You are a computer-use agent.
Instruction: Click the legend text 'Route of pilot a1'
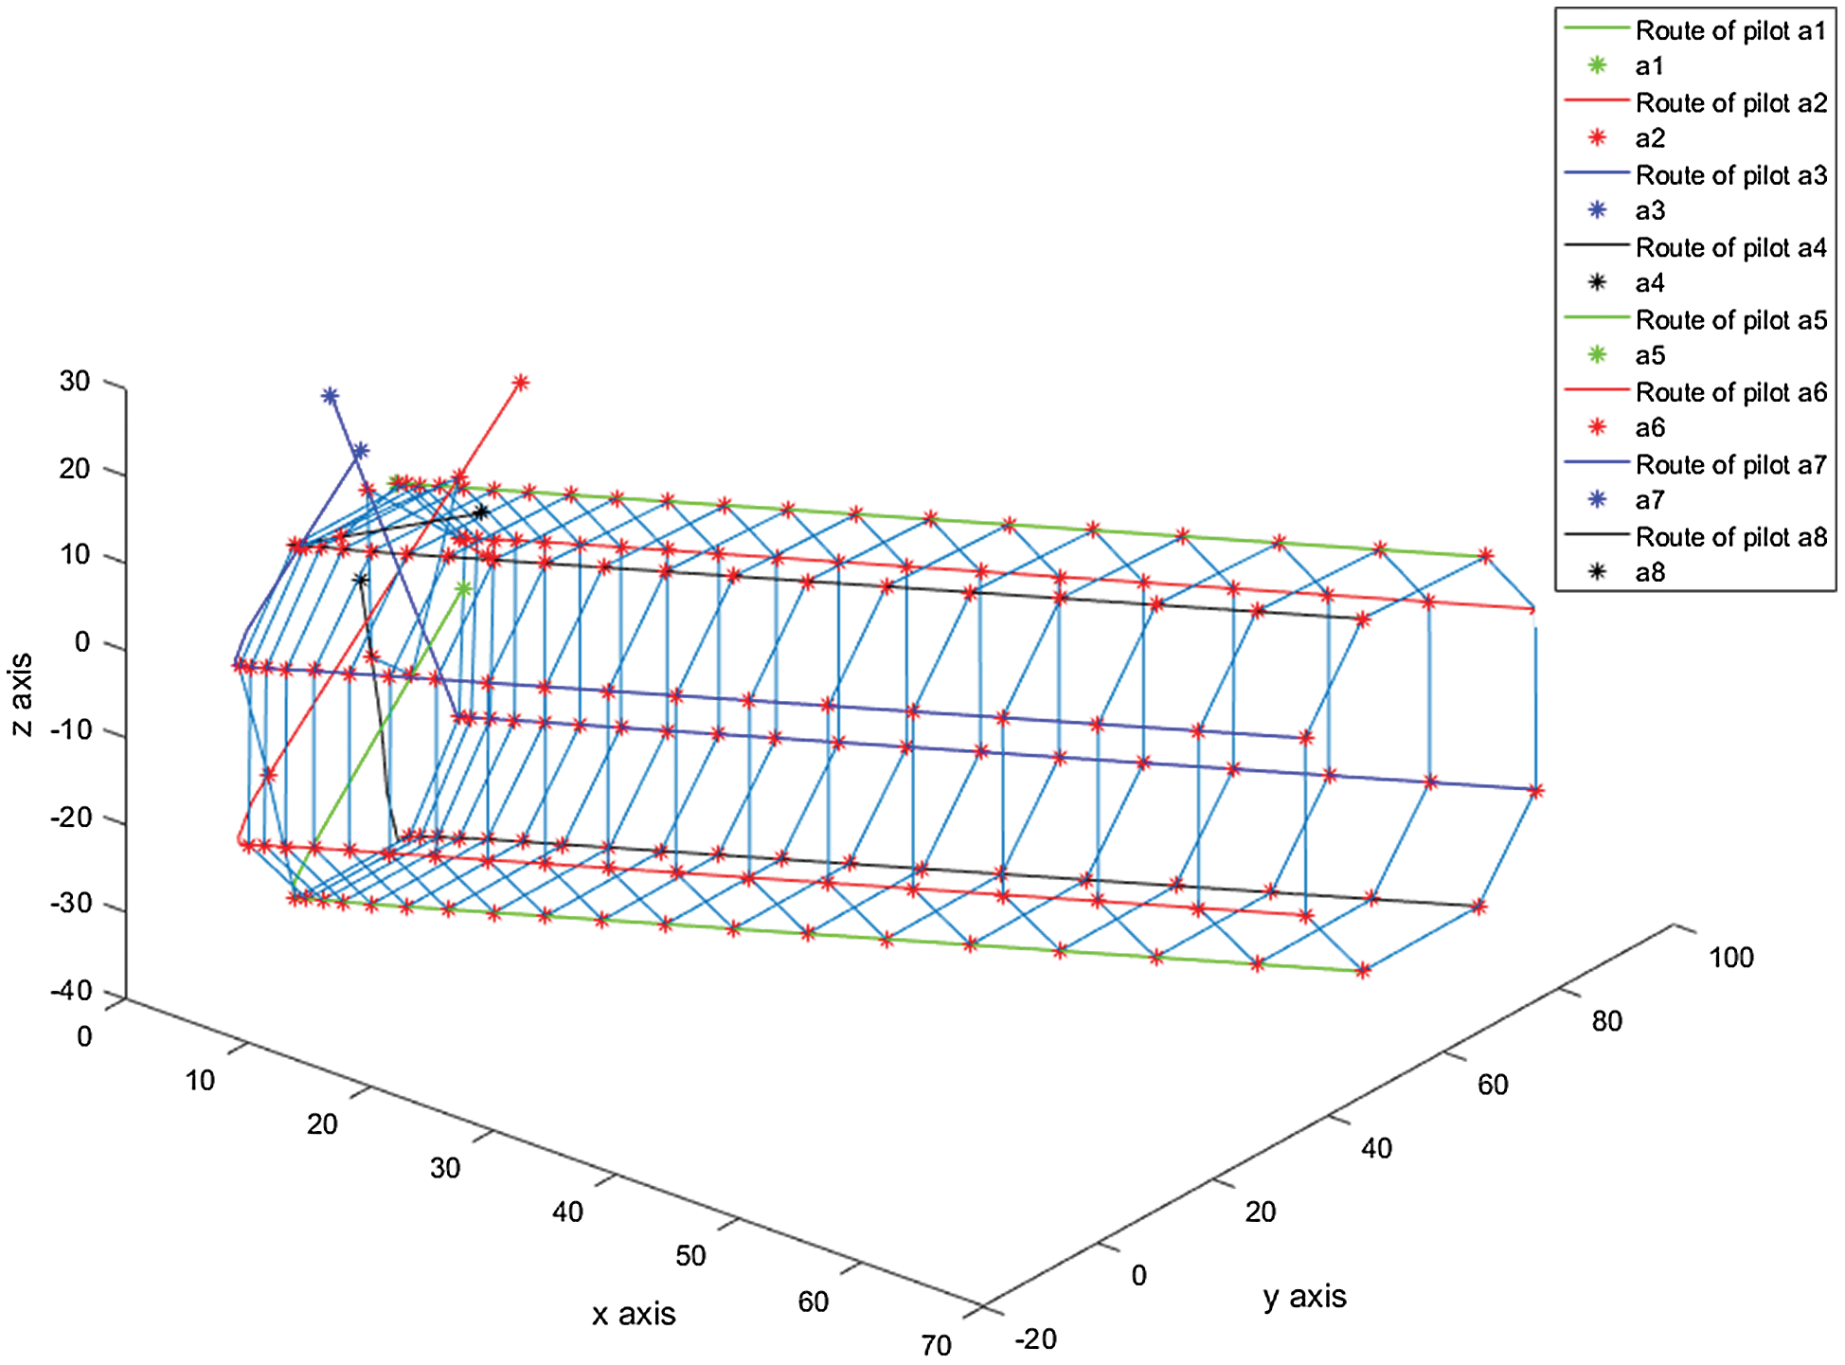(x=1730, y=30)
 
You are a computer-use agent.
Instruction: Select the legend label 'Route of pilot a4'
(x=1730, y=247)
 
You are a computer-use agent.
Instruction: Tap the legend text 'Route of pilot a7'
(x=1730, y=464)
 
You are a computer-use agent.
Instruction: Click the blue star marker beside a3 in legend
(x=1597, y=210)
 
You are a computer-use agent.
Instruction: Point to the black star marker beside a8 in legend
(x=1597, y=572)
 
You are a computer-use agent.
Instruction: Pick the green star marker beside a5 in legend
(x=1597, y=355)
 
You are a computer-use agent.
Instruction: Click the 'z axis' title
(x=21, y=694)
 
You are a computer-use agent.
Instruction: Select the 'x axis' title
(x=634, y=1314)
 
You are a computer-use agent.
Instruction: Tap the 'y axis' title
(x=1304, y=1296)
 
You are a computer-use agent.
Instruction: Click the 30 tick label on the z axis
(x=75, y=382)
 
